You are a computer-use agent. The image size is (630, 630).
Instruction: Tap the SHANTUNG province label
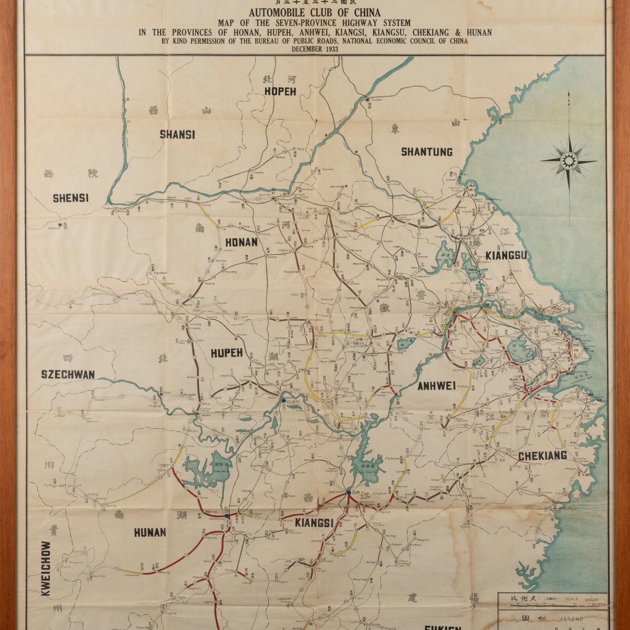426,152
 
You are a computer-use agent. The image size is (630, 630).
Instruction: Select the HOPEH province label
280,91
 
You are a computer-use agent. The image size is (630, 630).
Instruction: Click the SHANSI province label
177,135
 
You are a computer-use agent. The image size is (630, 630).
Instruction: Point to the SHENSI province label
71,198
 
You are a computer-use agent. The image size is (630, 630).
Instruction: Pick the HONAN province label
241,243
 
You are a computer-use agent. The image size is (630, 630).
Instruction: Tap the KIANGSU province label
506,256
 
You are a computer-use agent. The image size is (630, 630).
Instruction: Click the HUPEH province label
226,353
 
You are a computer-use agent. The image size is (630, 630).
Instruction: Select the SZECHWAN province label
68,374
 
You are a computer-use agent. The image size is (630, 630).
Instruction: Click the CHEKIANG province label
542,456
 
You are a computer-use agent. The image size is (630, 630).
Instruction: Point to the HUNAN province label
150,532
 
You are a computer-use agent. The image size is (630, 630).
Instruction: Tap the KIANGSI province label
314,523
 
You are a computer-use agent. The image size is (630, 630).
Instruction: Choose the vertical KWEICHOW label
46,569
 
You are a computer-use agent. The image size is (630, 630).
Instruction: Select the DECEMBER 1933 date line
315,48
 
